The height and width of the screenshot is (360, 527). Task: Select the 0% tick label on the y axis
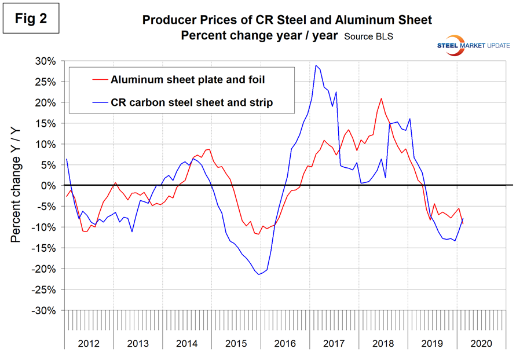click(x=49, y=185)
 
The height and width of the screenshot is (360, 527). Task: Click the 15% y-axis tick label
click(x=47, y=123)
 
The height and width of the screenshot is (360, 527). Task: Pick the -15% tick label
click(x=45, y=248)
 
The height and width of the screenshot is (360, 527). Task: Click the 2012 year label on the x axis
click(x=89, y=343)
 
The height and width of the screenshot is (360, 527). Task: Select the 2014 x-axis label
click(x=187, y=343)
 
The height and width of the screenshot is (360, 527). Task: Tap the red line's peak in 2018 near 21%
click(x=381, y=98)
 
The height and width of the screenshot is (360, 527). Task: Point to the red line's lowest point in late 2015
click(x=257, y=234)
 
